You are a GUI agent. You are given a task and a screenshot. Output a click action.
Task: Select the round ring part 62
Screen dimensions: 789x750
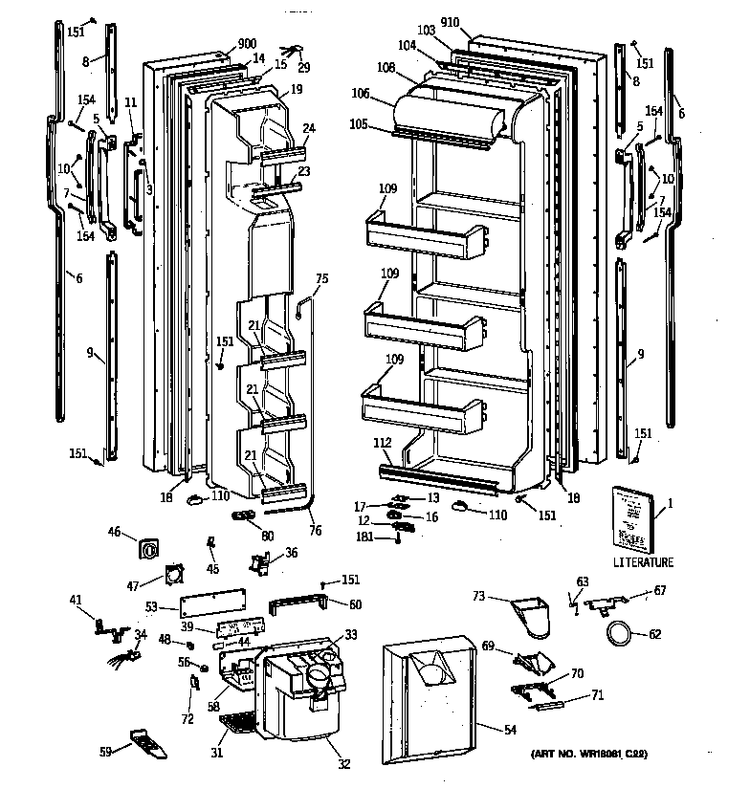pos(620,632)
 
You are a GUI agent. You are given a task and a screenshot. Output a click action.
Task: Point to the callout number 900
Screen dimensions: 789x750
pos(221,45)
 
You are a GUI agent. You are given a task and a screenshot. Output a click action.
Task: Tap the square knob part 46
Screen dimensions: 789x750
pos(151,548)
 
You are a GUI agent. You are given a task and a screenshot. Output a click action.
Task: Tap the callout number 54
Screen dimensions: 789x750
pos(509,730)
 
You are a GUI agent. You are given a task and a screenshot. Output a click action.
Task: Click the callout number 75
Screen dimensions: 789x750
pos(321,279)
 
